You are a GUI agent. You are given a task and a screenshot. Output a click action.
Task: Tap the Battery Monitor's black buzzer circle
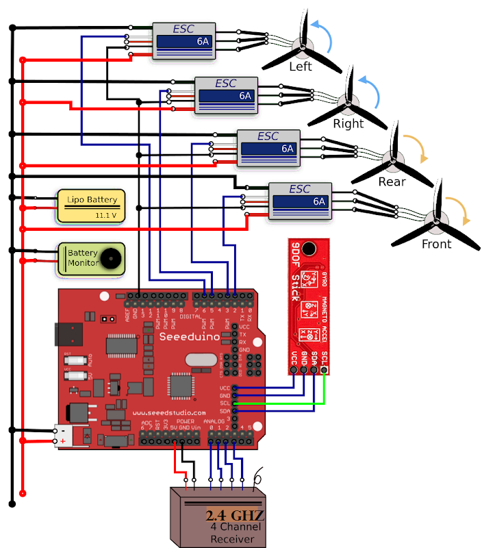click(110, 259)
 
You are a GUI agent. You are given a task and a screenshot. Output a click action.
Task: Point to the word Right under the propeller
click(348, 125)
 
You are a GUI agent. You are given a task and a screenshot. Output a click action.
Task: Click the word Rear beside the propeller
click(392, 182)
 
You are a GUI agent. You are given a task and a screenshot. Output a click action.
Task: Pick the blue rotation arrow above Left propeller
click(322, 35)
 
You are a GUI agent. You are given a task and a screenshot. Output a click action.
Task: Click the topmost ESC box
click(183, 41)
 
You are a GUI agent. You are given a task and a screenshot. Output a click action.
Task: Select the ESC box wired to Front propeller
click(300, 201)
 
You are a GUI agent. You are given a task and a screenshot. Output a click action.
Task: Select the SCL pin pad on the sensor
click(324, 371)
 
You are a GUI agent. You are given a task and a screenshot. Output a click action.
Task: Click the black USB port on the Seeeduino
click(66, 335)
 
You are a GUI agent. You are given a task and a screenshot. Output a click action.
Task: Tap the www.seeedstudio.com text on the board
click(168, 413)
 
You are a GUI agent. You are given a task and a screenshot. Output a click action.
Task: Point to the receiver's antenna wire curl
click(258, 478)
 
